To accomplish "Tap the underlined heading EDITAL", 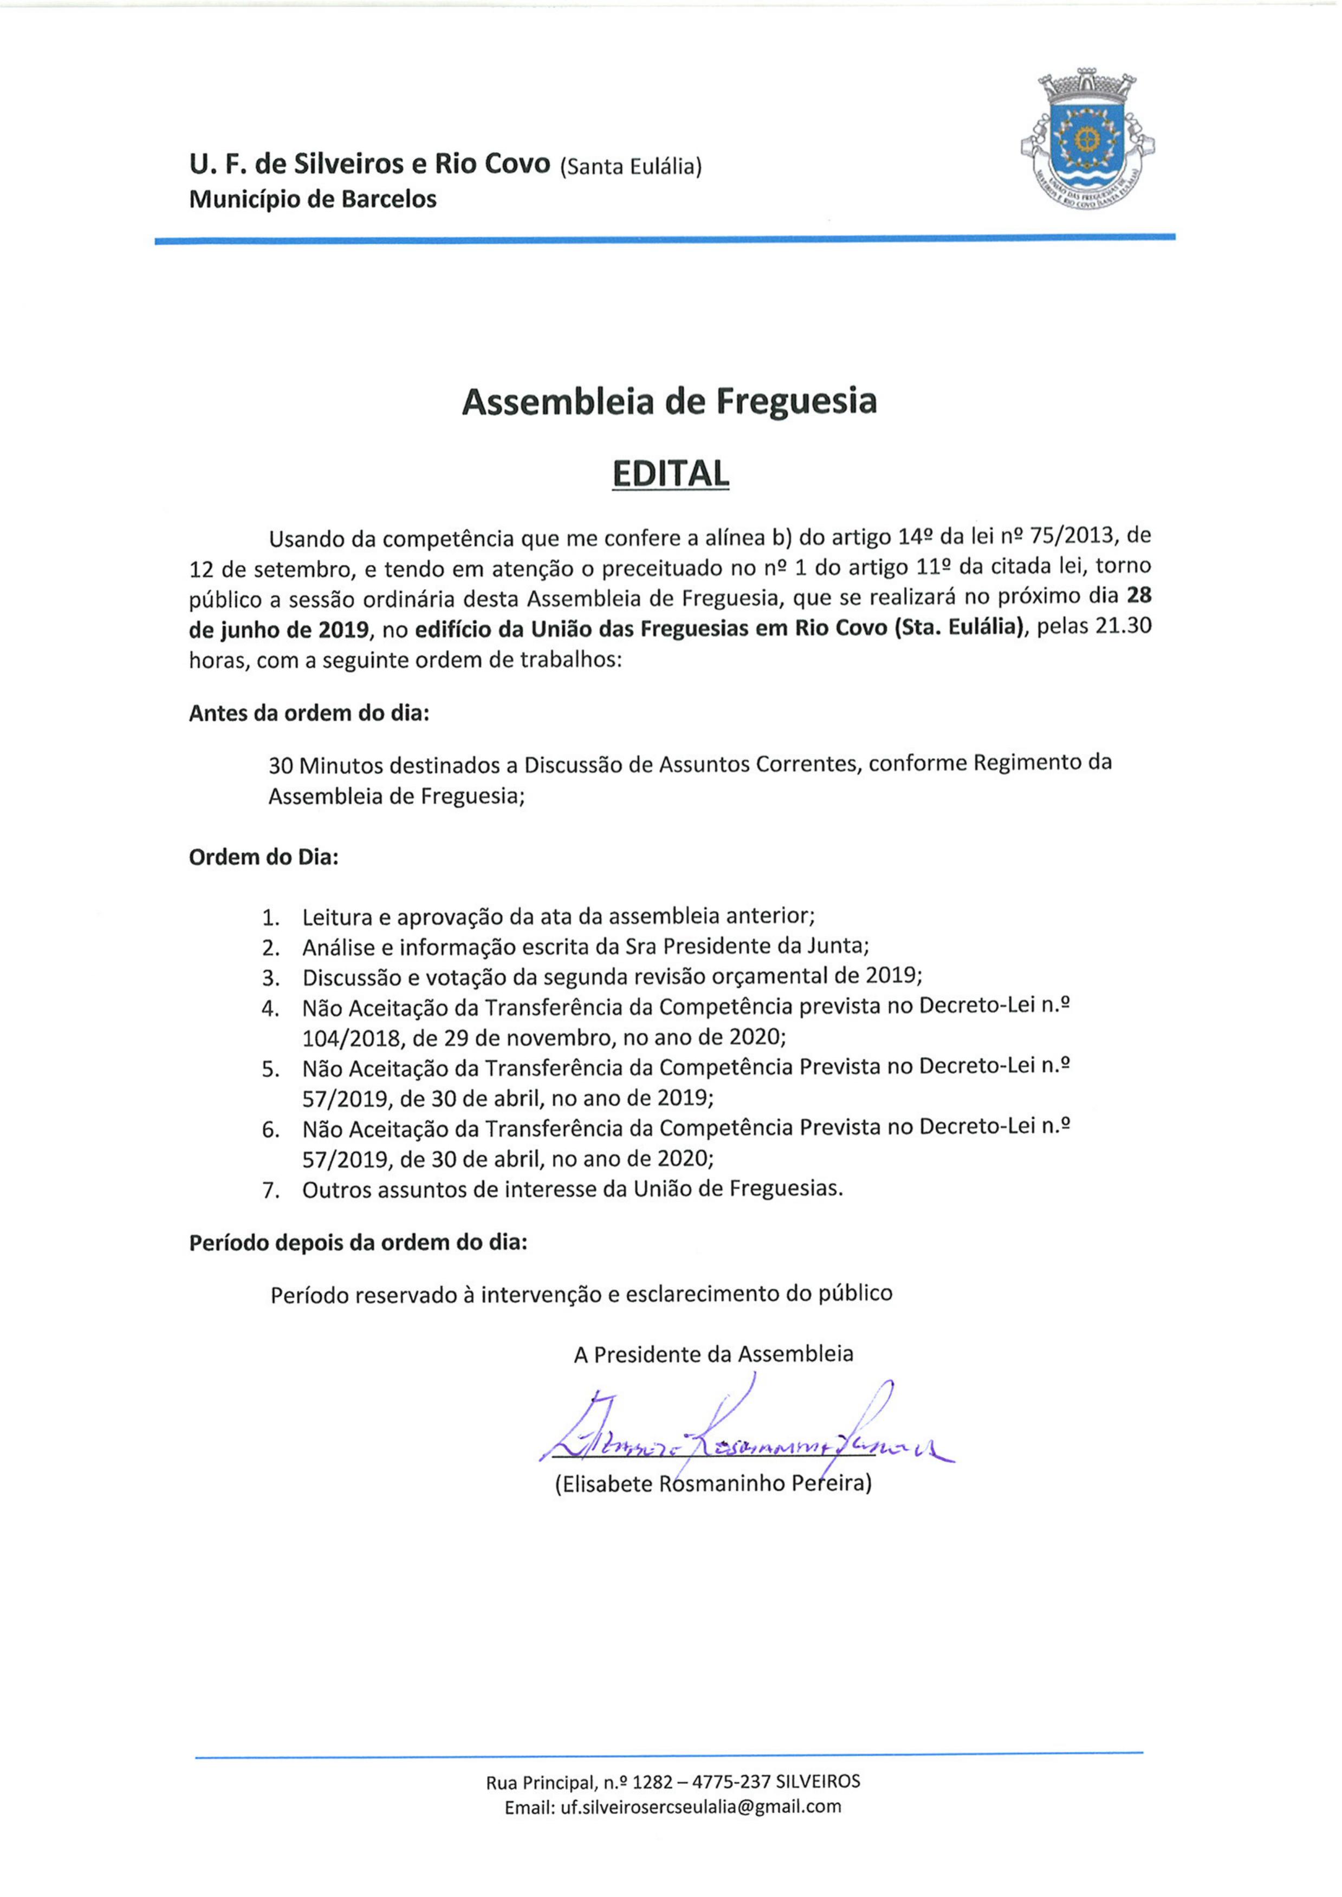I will [x=670, y=473].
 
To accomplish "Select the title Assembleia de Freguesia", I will [x=669, y=401].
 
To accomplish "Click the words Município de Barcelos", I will [x=313, y=199].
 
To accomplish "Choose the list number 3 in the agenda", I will [x=270, y=978].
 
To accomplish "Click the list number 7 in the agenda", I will [x=270, y=1191].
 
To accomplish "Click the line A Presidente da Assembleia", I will [x=713, y=1354].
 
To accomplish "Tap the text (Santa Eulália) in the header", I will [x=631, y=168].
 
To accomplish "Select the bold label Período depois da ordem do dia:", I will [x=358, y=1243].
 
